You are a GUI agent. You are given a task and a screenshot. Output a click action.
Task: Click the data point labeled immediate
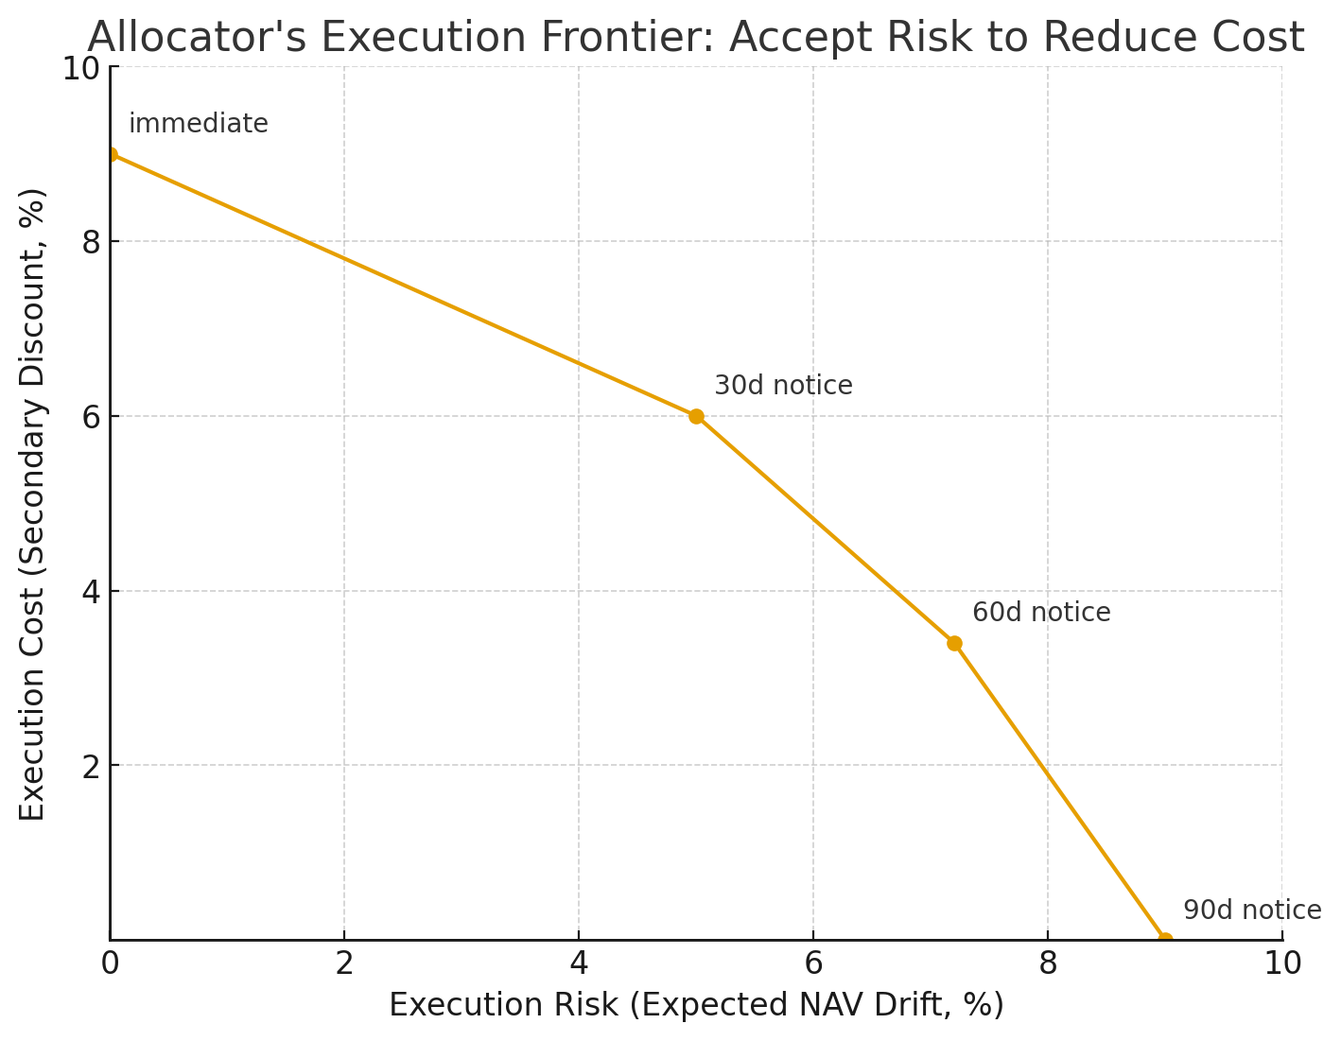[110, 154]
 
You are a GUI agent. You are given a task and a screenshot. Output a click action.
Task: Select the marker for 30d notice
[696, 416]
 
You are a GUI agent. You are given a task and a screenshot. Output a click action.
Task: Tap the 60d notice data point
[954, 643]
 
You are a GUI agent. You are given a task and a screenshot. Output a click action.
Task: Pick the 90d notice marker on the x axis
[1165, 940]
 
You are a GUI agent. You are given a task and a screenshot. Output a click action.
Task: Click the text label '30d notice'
[783, 386]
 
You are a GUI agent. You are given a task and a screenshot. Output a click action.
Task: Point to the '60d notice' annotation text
[1041, 613]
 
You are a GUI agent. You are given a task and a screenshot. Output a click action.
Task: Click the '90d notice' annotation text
[1252, 911]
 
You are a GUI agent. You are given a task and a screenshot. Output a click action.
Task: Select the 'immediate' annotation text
[199, 124]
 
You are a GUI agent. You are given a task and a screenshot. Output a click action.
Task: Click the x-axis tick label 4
[579, 963]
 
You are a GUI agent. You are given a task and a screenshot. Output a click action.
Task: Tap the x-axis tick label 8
[1048, 963]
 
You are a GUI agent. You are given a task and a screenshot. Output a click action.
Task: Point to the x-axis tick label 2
[344, 963]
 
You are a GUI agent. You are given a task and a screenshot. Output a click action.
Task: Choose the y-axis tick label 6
[91, 417]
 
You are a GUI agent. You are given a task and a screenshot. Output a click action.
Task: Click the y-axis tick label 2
[91, 766]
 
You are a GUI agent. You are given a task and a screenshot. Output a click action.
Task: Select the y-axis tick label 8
[91, 242]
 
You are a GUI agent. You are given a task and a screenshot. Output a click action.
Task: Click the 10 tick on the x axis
[1282, 963]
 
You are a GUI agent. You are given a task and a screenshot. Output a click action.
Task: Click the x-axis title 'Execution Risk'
[506, 1005]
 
